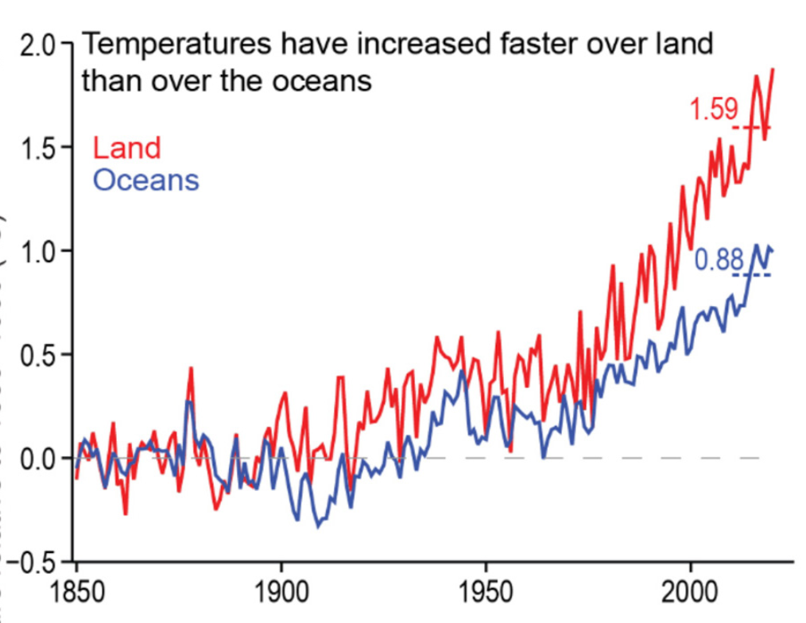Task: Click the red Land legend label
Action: coord(127,148)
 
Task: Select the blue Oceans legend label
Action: coord(145,180)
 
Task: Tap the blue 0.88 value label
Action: coord(718,260)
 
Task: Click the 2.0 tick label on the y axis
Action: coord(37,44)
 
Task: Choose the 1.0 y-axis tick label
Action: coord(37,251)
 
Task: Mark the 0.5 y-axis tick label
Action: coord(37,354)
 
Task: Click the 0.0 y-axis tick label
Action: coord(37,458)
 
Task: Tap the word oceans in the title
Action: coord(322,80)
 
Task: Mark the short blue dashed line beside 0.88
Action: coord(752,275)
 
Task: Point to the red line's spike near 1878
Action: coord(191,370)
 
